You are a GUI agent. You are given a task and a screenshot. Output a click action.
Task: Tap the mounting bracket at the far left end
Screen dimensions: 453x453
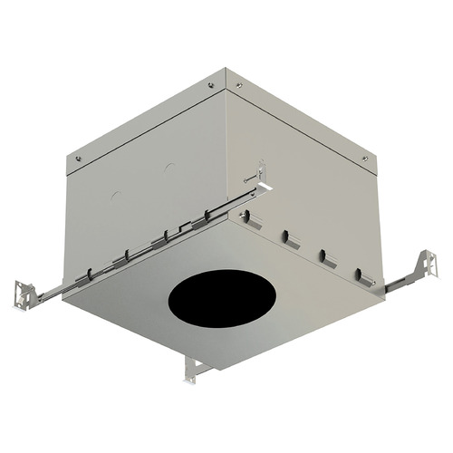pyautogui.click(x=26, y=293)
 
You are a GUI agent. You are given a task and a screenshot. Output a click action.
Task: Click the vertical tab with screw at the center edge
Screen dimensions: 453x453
pyautogui.click(x=261, y=172)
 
